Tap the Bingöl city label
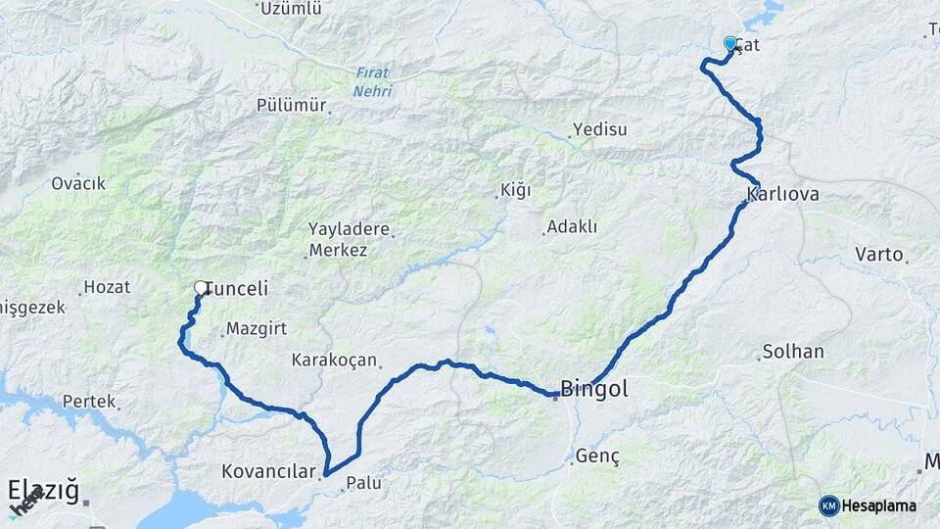point(594,388)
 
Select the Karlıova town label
point(782,194)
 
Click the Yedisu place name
point(599,129)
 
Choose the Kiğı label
point(515,190)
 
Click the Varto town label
point(878,254)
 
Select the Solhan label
point(793,351)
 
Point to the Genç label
point(598,456)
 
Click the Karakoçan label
point(334,361)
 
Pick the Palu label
point(363,483)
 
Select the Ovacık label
point(78,183)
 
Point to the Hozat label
point(107,287)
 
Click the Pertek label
point(89,402)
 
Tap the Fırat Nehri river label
point(373,82)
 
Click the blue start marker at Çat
point(730,43)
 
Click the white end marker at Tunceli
point(201,288)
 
